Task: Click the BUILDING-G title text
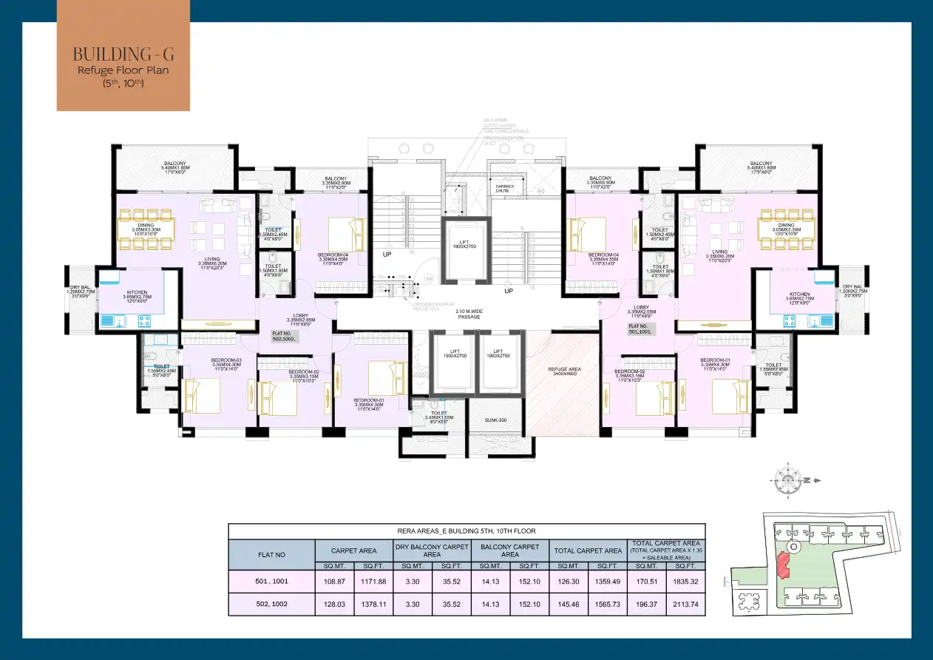[123, 54]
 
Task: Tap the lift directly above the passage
[466, 250]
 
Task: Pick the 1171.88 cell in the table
[373, 582]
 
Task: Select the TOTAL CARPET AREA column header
[588, 550]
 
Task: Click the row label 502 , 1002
[271, 605]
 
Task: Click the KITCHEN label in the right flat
[799, 294]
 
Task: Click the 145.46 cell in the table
[569, 605]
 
